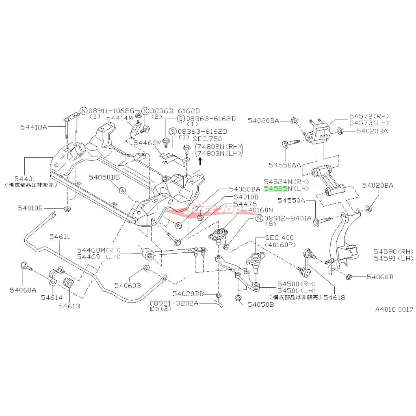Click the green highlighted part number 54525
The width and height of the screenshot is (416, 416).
point(276,189)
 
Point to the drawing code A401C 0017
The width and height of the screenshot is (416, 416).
point(394,309)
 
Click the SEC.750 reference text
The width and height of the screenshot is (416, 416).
point(210,139)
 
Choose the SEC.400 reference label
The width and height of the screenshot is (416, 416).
point(279,237)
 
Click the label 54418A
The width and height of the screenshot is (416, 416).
point(34,127)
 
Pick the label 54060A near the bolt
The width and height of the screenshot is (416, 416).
point(23,290)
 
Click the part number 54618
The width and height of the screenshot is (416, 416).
point(334,297)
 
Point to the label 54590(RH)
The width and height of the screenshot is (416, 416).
point(387,251)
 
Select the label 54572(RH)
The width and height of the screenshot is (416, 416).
point(369,116)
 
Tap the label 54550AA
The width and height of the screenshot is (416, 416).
point(285,165)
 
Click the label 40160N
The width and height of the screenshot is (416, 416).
point(262,210)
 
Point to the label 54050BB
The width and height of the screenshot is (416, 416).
point(105,177)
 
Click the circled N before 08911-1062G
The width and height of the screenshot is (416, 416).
point(84,111)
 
